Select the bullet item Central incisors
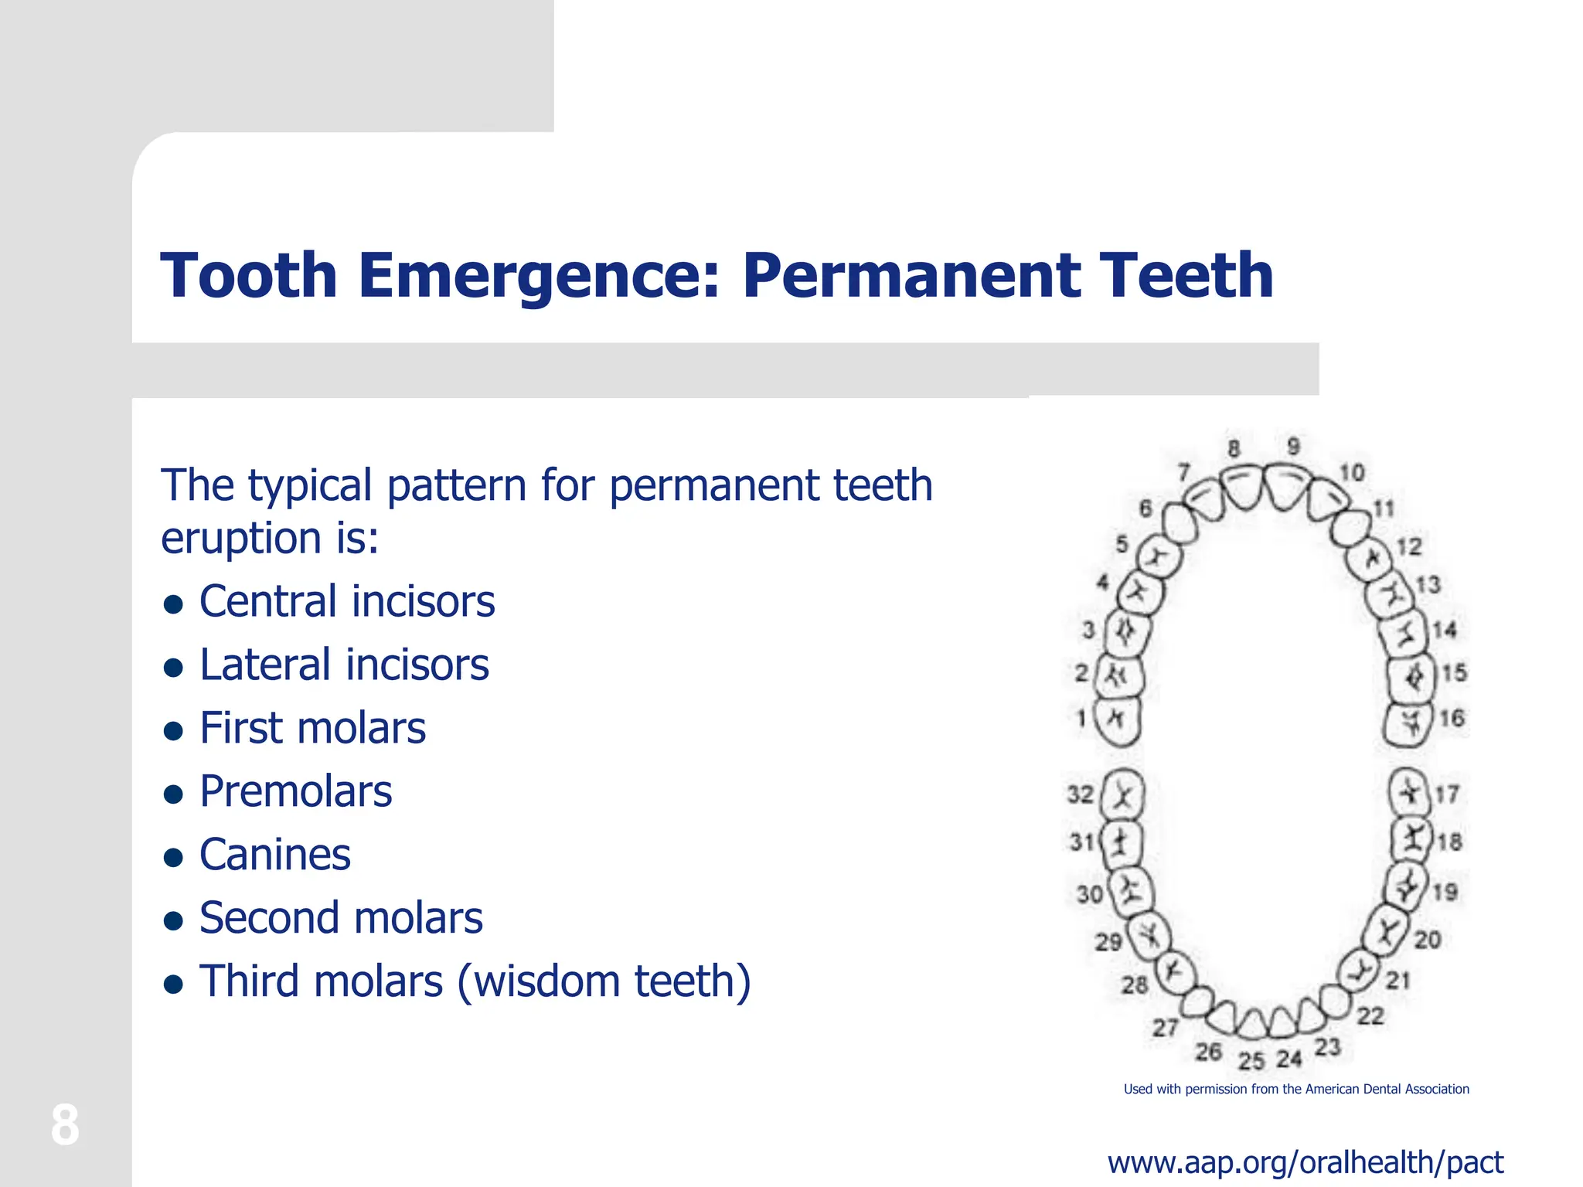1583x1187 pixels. [x=347, y=602]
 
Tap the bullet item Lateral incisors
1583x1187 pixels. [x=344, y=665]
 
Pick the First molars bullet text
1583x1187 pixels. [x=312, y=729]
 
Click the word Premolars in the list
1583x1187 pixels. [x=295, y=792]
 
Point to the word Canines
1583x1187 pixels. [x=275, y=855]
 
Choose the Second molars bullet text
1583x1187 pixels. [x=341, y=919]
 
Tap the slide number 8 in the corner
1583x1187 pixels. [x=65, y=1125]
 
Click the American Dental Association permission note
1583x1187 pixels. [x=1296, y=1090]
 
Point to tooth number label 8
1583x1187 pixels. [x=1234, y=449]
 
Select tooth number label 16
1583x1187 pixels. [x=1452, y=719]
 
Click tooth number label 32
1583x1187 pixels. [x=1081, y=794]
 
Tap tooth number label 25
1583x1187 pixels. [x=1251, y=1060]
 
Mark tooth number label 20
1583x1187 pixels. [x=1427, y=940]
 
